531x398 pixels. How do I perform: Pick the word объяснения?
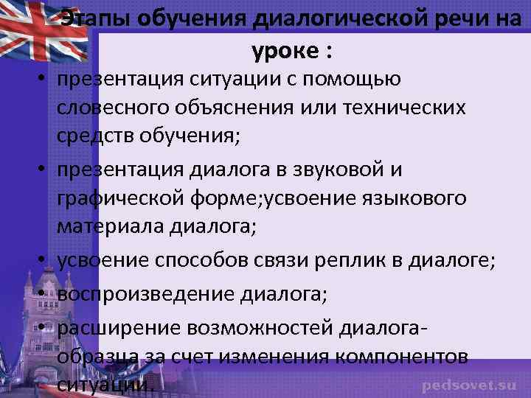tap(247, 108)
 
